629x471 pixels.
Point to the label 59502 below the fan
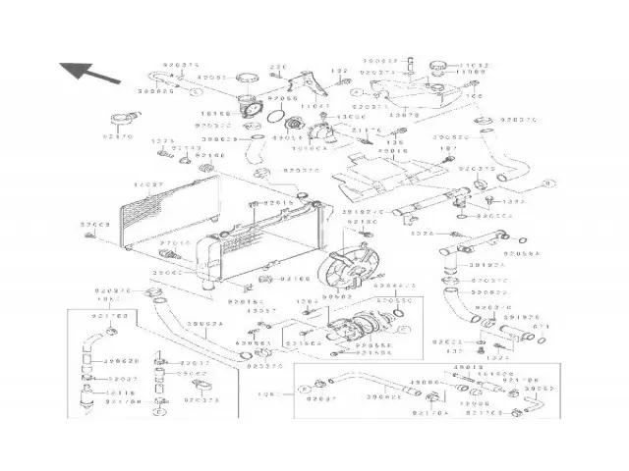pos(338,293)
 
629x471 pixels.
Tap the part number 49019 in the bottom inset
pos(465,367)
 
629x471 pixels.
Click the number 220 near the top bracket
pos(277,67)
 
